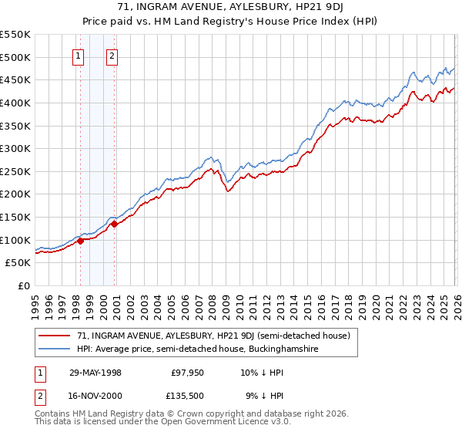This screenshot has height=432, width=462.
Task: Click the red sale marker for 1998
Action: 81,241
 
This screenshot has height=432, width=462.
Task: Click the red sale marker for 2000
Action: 114,224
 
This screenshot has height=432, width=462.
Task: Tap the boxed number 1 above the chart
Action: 79,55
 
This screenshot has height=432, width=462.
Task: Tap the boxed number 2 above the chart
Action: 112,55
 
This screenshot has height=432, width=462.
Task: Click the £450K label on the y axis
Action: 15,79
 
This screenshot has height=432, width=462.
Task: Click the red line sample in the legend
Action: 54,336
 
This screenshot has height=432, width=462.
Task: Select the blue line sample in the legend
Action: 54,349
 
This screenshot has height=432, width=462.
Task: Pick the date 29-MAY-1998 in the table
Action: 95,373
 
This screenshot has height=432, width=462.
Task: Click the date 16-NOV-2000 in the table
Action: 95,397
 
